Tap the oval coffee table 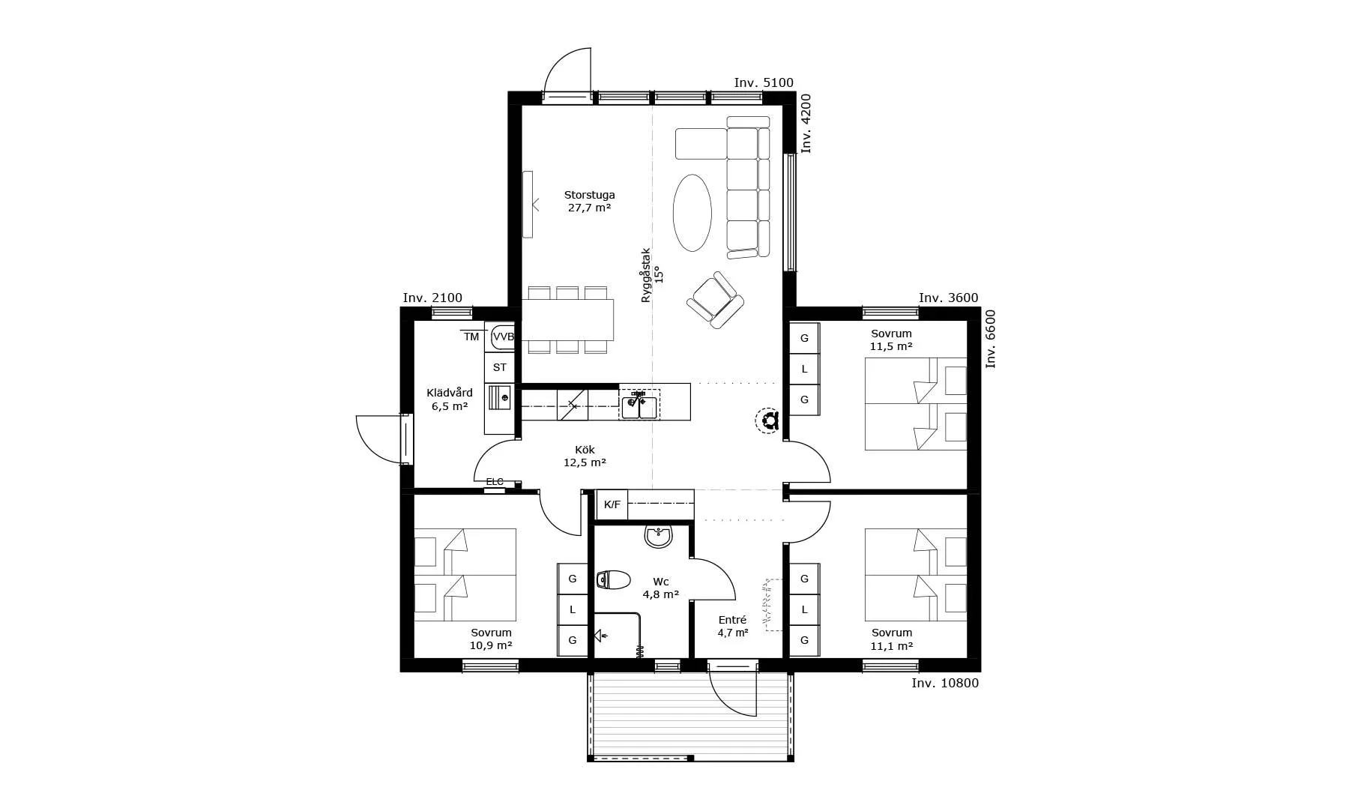692,214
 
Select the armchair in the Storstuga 716,300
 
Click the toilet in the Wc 614,580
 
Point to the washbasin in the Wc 659,536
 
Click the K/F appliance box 612,504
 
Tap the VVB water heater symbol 503,337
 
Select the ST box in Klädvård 500,367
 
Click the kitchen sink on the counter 639,405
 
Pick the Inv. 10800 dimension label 945,683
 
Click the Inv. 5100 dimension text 764,82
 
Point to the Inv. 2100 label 432,298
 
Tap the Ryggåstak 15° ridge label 652,275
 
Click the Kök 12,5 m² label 585,456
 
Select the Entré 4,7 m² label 732,626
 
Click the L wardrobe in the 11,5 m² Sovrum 805,369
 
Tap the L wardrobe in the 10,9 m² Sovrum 573,609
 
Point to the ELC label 495,481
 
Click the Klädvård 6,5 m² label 450,400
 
